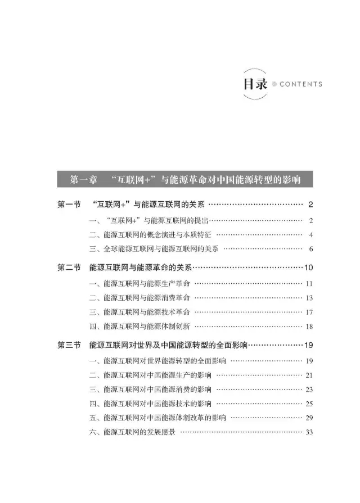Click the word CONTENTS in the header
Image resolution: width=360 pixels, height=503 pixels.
click(x=300, y=84)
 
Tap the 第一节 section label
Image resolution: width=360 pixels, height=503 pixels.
click(x=69, y=205)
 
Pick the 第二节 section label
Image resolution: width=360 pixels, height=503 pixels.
click(x=69, y=268)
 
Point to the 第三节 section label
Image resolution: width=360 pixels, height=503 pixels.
click(x=69, y=345)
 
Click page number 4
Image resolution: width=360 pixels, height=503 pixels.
click(x=310, y=234)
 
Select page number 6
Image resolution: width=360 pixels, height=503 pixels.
click(x=310, y=249)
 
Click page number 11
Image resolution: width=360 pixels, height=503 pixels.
click(x=309, y=283)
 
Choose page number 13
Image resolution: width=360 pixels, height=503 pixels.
click(x=309, y=298)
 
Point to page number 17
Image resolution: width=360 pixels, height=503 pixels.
click(x=309, y=312)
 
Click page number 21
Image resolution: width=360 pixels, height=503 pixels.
click(x=309, y=375)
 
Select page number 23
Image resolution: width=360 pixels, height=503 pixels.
click(x=309, y=389)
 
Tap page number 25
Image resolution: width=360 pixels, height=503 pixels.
click(x=309, y=404)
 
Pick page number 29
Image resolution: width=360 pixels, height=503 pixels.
click(x=309, y=418)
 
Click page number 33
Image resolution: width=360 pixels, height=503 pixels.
click(x=309, y=433)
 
